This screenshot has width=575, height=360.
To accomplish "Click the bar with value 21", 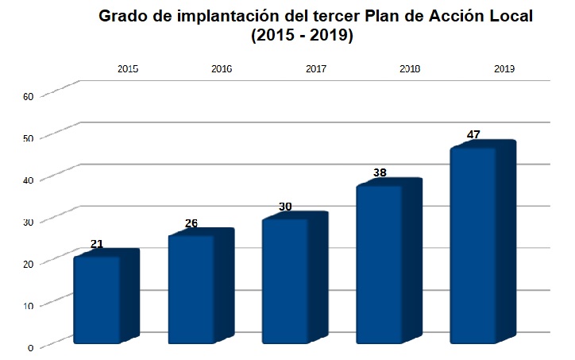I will click(97, 300).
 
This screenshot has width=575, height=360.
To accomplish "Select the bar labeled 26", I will click(191, 289).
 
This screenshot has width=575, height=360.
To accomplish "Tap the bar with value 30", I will click(285, 281).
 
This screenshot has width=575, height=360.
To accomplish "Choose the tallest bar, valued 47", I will click(473, 246).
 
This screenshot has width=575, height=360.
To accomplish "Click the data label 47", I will click(473, 134).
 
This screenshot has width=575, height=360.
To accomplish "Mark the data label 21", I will click(97, 244).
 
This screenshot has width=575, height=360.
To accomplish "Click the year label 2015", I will click(128, 69).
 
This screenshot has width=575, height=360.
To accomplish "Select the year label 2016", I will click(222, 69).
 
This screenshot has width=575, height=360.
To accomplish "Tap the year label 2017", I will click(316, 69).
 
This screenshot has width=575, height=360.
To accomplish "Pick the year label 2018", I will click(410, 69).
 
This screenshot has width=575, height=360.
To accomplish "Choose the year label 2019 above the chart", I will click(504, 69).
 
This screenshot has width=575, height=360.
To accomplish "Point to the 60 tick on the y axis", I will click(28, 96).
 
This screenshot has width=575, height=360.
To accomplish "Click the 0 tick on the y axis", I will click(30, 346).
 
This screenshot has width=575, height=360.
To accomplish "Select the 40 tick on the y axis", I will click(28, 180).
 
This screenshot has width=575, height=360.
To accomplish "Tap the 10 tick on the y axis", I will click(28, 305).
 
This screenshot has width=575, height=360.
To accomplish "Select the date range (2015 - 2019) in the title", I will click(302, 37).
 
